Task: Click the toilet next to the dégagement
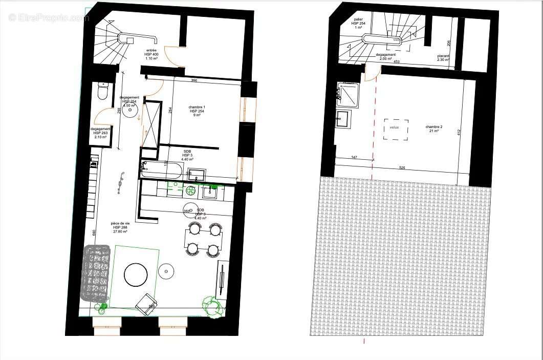click(x=102, y=92)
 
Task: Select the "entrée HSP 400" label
click(x=151, y=54)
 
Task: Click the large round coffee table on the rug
click(x=136, y=275)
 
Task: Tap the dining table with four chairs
click(x=203, y=239)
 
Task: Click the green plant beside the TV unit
click(x=212, y=305)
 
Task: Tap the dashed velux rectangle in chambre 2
click(x=396, y=130)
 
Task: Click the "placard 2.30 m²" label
click(x=443, y=58)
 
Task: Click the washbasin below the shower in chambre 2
click(x=343, y=119)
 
